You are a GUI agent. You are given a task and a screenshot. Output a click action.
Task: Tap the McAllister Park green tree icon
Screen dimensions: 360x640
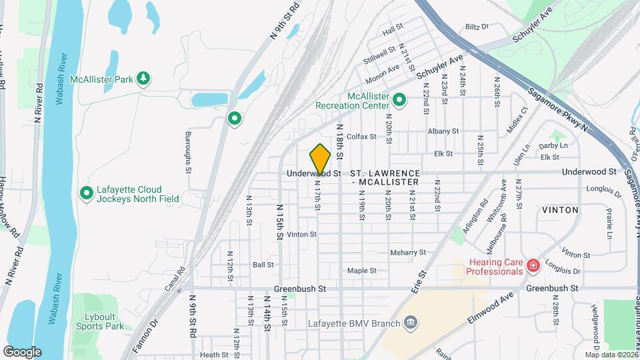click(x=143, y=79)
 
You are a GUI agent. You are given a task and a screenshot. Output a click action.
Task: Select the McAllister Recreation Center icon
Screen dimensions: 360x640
click(x=399, y=101)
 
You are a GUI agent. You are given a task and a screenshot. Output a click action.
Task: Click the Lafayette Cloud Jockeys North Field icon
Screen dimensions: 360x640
click(x=86, y=193)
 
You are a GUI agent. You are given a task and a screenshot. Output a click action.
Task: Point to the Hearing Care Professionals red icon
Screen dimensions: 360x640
click(x=533, y=267)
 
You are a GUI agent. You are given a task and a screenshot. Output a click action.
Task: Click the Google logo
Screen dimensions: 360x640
click(x=22, y=352)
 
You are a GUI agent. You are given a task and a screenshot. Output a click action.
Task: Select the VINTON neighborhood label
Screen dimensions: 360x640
click(x=560, y=209)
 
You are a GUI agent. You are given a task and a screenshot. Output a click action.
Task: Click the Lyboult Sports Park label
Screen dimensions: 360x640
click(x=99, y=321)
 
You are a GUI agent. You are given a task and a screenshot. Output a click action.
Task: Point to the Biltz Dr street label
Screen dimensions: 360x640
click(x=477, y=27)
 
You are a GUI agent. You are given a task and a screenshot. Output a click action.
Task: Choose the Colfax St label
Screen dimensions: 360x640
click(x=362, y=137)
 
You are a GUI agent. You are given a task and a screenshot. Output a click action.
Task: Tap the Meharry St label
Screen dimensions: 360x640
click(x=409, y=253)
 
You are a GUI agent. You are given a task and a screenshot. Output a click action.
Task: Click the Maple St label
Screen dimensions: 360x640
click(x=362, y=271)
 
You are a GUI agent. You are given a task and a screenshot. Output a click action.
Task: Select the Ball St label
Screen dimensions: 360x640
click(x=263, y=265)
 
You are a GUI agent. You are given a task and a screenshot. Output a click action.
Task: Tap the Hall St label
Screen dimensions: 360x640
click(x=390, y=31)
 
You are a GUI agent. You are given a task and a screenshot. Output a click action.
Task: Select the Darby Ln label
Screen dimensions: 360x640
click(x=553, y=145)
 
